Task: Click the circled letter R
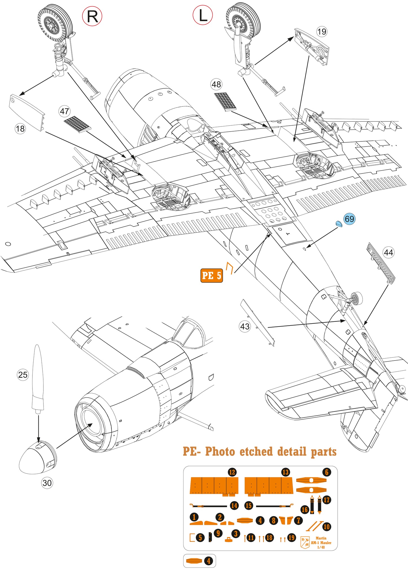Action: coord(92,17)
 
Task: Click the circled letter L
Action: coord(202,16)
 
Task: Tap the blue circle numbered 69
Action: coord(349,219)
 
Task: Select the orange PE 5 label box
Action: coord(211,276)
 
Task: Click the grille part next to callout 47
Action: coord(77,124)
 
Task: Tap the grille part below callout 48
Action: coord(225,101)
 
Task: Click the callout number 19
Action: coord(322,32)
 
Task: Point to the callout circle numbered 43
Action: coord(245,327)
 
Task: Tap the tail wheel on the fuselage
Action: coord(356,298)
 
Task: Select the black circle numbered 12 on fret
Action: coord(232,472)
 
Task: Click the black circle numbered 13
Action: coord(285,472)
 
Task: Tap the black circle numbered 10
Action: coord(326,527)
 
